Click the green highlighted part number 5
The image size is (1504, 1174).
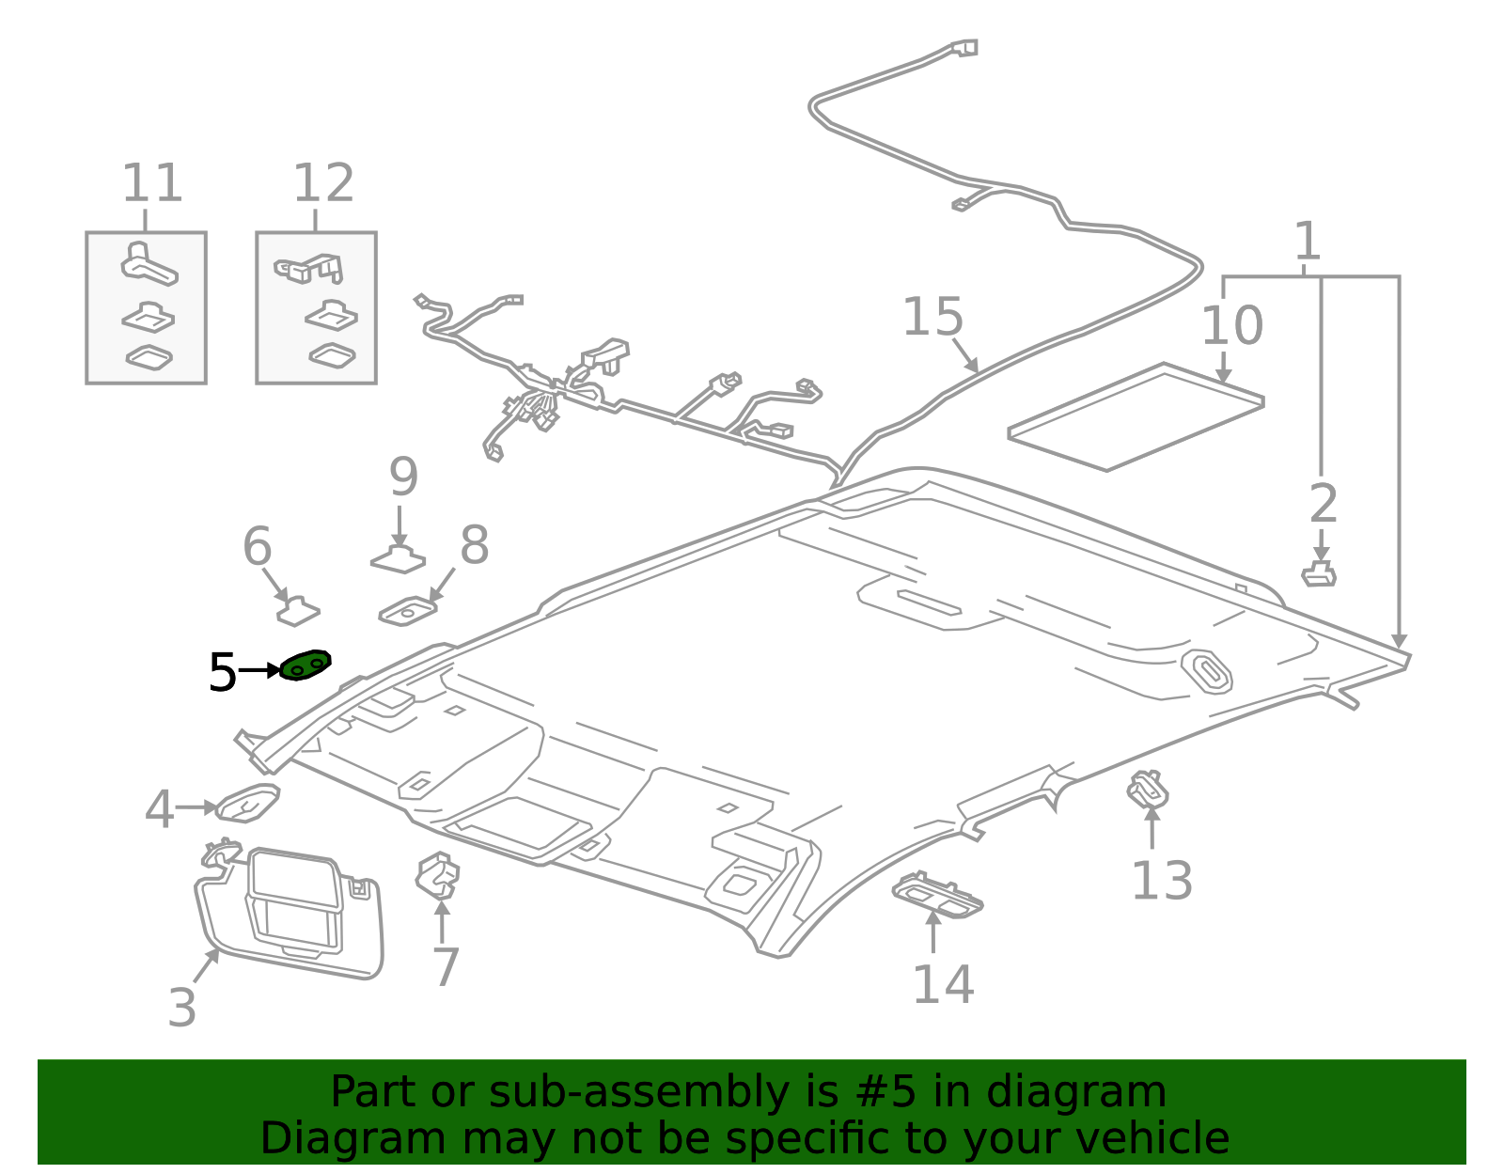305,665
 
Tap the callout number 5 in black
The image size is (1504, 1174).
223,673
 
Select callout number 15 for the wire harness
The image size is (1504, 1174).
932,318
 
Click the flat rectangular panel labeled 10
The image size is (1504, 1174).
1136,416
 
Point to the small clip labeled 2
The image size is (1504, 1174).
1319,573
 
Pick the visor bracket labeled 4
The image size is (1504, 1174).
248,804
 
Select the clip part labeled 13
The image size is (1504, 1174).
1148,789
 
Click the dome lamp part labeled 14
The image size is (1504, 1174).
937,894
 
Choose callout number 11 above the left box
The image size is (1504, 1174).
151,183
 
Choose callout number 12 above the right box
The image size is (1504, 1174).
323,183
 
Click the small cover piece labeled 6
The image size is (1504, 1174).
298,611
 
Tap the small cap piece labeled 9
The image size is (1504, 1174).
399,560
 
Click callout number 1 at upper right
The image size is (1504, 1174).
1307,243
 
